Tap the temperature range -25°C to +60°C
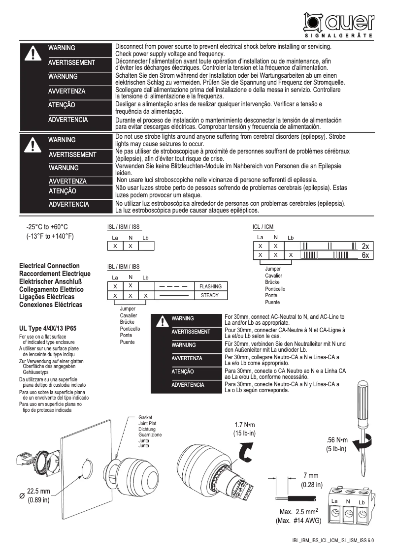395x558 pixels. click(47, 227)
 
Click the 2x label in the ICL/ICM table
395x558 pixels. click(365, 246)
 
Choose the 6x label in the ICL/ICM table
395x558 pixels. click(365, 255)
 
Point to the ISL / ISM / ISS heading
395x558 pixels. click(124, 227)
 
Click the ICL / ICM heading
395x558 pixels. click(263, 227)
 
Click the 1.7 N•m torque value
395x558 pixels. click(244, 425)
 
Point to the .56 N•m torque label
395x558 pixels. click(337, 440)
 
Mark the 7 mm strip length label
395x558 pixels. click(311, 475)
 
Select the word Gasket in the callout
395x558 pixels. click(146, 417)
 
